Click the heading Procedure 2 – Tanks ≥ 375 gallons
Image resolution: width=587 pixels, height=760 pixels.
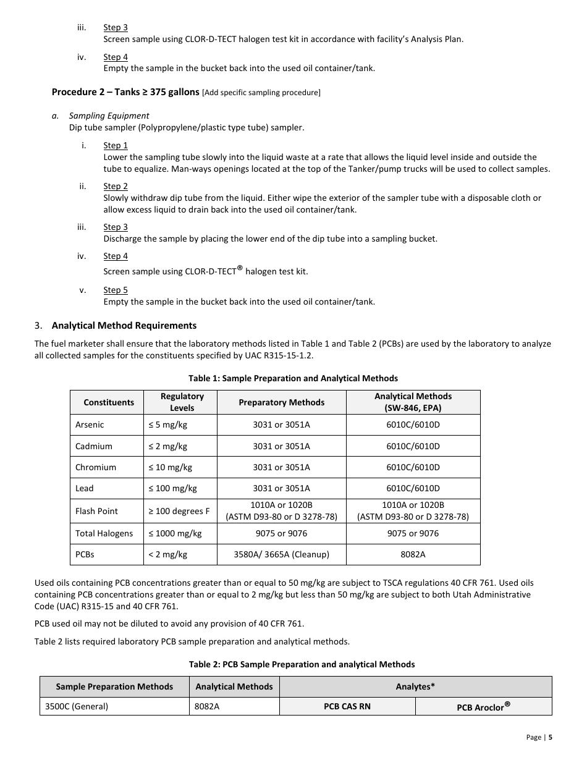click(x=125, y=92)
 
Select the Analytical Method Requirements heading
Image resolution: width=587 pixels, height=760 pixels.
click(x=124, y=326)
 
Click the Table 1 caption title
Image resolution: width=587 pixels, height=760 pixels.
click(x=293, y=378)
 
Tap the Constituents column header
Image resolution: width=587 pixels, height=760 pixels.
click(x=109, y=402)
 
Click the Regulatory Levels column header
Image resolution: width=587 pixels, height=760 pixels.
click(x=182, y=402)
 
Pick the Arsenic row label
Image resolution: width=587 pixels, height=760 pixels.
click(x=90, y=425)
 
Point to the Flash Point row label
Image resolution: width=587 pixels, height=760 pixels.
click(x=96, y=511)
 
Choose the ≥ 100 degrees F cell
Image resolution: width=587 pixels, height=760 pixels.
click(x=179, y=511)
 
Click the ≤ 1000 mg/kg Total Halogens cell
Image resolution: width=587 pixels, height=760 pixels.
click(x=175, y=533)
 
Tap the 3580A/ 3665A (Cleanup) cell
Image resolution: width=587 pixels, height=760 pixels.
click(x=281, y=554)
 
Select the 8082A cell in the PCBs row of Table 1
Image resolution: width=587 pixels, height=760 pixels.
click(x=413, y=554)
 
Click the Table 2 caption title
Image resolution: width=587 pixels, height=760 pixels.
click(x=302, y=664)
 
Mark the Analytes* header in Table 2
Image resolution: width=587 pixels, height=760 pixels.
click(x=415, y=686)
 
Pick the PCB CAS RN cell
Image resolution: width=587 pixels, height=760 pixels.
click(x=347, y=706)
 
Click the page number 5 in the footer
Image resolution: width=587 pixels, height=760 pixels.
click(x=550, y=737)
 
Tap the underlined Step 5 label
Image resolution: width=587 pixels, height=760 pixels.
click(x=116, y=290)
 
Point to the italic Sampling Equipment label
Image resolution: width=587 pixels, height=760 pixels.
click(x=109, y=116)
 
